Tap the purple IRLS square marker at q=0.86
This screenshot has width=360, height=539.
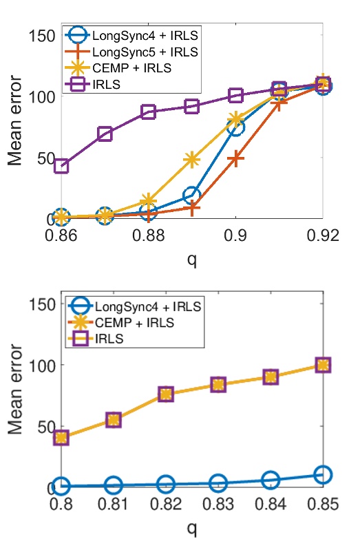tap(61, 166)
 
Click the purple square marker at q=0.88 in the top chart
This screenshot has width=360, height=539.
tap(148, 112)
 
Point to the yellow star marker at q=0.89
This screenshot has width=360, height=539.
tap(191, 160)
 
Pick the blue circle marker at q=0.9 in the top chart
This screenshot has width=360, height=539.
tap(235, 127)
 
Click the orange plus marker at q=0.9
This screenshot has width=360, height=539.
tap(235, 158)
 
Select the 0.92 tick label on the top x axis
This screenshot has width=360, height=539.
tap(321, 237)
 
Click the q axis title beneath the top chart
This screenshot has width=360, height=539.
tap(191, 260)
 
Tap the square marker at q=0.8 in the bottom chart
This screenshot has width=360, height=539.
tap(61, 437)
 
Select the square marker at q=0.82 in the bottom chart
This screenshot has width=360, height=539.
tap(166, 394)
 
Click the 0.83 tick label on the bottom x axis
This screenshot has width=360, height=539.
tap(218, 505)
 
